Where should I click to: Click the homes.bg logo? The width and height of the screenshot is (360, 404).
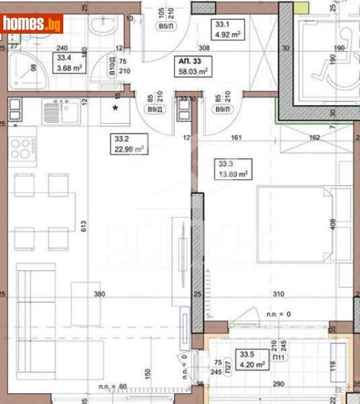coord(32,24)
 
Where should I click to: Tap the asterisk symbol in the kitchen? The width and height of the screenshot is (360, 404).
coord(116,108)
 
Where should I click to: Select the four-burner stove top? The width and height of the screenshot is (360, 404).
coord(22,148)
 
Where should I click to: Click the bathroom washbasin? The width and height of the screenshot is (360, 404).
coord(104,30)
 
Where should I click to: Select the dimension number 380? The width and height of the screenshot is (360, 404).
coord(100,294)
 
